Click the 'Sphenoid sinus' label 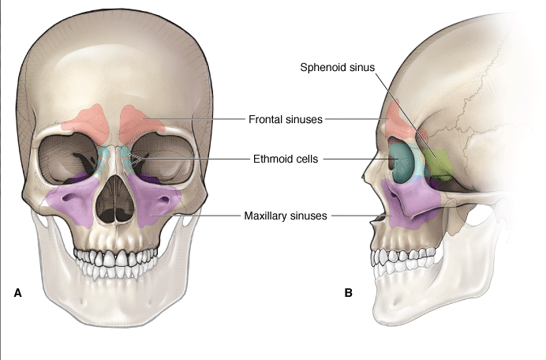[336, 67]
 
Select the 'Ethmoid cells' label [286, 159]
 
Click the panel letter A [17, 293]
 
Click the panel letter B [348, 293]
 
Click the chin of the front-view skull [118, 312]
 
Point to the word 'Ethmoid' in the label [271, 159]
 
